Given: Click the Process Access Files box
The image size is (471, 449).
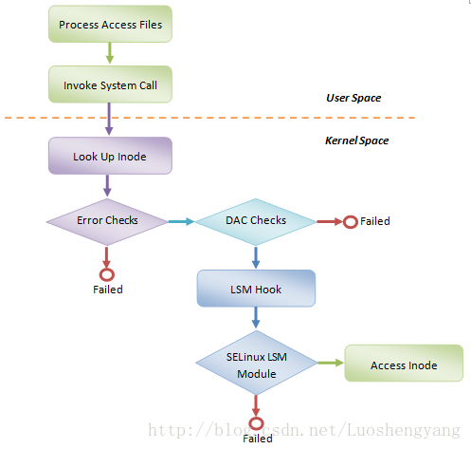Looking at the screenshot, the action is (x=110, y=24).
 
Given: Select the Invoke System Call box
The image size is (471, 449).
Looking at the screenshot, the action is (x=110, y=84).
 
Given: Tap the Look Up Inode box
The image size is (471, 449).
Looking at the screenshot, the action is (x=110, y=156).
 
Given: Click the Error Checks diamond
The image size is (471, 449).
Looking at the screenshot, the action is (x=107, y=222).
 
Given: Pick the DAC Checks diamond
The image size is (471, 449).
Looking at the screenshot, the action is (x=256, y=222).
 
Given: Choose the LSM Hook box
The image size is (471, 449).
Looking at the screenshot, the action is (x=256, y=289).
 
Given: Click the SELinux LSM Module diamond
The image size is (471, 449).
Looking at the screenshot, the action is (x=257, y=363).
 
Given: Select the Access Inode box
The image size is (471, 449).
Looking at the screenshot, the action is (x=404, y=363).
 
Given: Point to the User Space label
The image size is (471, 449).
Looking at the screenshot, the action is (x=353, y=98).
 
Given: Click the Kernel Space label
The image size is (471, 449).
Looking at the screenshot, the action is (x=357, y=140).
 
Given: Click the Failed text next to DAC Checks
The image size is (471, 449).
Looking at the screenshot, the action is (x=375, y=221).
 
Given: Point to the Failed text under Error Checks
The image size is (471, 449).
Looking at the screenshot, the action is (x=108, y=290).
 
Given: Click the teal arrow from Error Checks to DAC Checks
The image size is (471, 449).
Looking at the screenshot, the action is (x=181, y=221).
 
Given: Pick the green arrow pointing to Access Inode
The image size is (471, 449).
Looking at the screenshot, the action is (x=331, y=363).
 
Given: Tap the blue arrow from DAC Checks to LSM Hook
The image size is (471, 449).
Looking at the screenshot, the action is (x=256, y=257).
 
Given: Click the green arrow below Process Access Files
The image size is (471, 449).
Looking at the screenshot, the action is (x=110, y=53).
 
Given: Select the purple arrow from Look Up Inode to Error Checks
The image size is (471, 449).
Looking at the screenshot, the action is (x=107, y=186).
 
